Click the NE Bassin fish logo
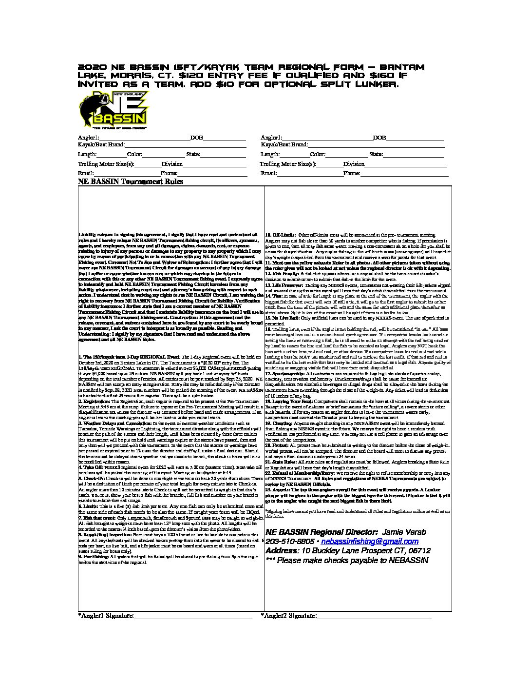click(x=113, y=110)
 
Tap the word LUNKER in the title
click(x=374, y=84)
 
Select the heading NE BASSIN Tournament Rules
click(x=131, y=182)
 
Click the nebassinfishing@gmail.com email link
click(x=370, y=542)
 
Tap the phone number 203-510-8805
click(x=290, y=542)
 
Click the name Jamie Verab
click(x=404, y=532)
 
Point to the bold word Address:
click(x=282, y=551)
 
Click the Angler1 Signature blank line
click(x=192, y=617)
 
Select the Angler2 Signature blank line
click(x=374, y=617)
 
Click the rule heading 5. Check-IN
click(x=93, y=479)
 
